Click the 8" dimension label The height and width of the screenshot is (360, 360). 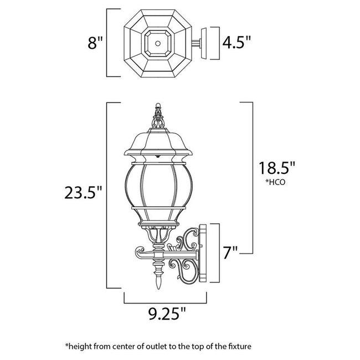(x=95, y=43)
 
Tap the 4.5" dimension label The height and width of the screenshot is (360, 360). (x=236, y=41)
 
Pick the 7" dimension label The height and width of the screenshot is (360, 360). (x=231, y=252)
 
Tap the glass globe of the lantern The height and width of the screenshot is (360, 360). (x=158, y=188)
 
